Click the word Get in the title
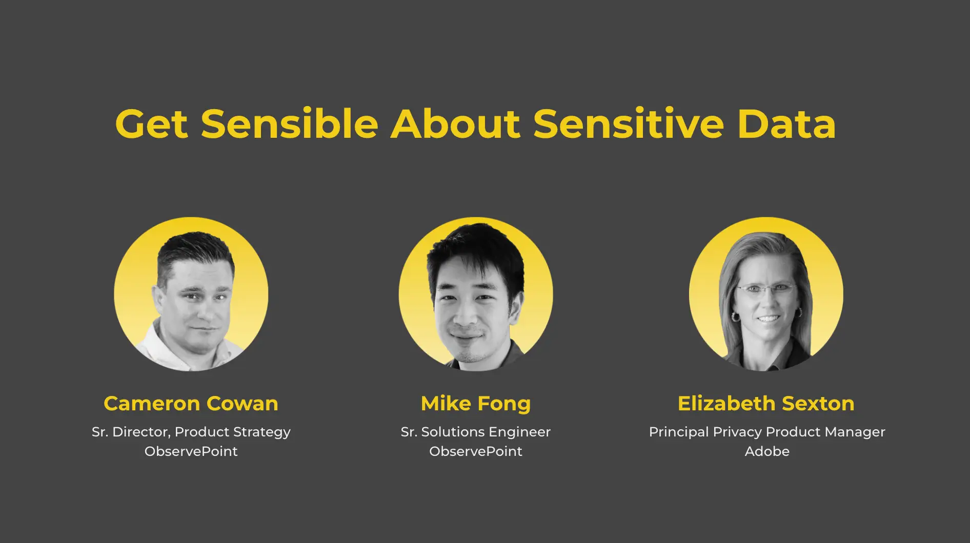coord(152,124)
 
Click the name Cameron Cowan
coord(191,404)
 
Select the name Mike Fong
coord(476,404)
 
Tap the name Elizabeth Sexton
coord(766,404)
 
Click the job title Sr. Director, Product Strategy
coord(191,432)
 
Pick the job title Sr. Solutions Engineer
coord(476,432)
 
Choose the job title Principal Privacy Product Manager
coord(767,432)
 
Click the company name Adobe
coord(767,451)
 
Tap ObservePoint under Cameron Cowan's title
coord(191,451)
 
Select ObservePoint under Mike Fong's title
coord(476,451)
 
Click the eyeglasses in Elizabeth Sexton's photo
coord(766,290)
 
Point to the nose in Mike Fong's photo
coord(466,315)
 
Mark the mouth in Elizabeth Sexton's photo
coord(768,319)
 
